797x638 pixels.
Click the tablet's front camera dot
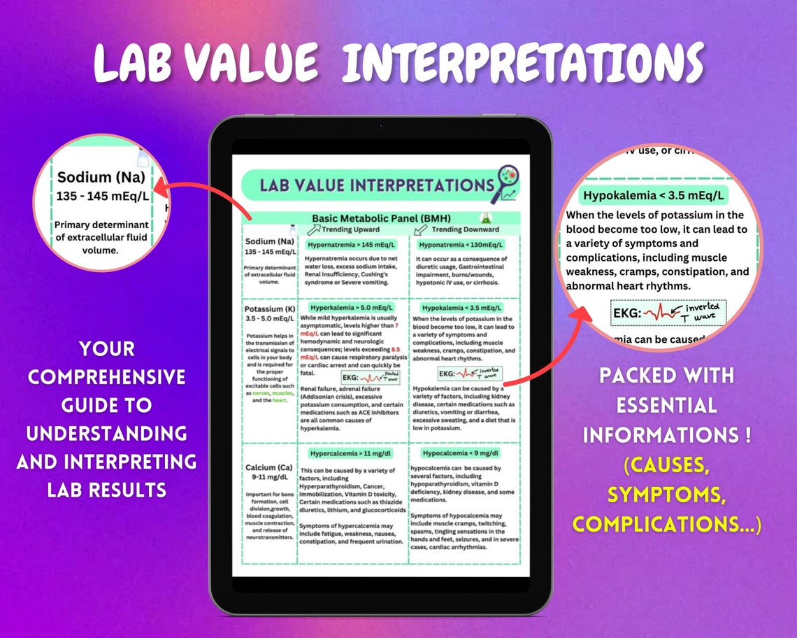coord(380,126)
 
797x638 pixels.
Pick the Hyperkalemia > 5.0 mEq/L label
coord(352,307)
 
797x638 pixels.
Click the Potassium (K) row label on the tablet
coord(269,309)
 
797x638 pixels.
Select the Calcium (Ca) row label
coord(270,467)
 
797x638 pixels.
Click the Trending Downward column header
coord(465,229)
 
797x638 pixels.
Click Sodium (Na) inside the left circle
coord(103,177)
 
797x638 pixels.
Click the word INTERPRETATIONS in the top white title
coord(522,63)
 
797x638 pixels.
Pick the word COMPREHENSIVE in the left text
coord(106,376)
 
